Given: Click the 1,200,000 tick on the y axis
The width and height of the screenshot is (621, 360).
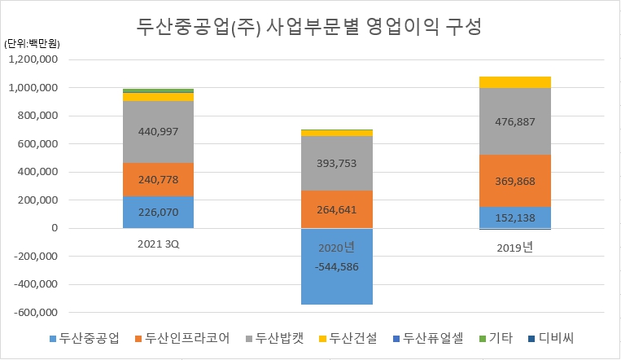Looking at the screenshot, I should point(33,59).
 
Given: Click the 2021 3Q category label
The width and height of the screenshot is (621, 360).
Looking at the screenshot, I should point(158,244).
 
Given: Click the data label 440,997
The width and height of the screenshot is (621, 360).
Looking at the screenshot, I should point(158,132).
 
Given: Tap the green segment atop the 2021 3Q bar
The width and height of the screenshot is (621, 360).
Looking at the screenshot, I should point(158,90).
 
